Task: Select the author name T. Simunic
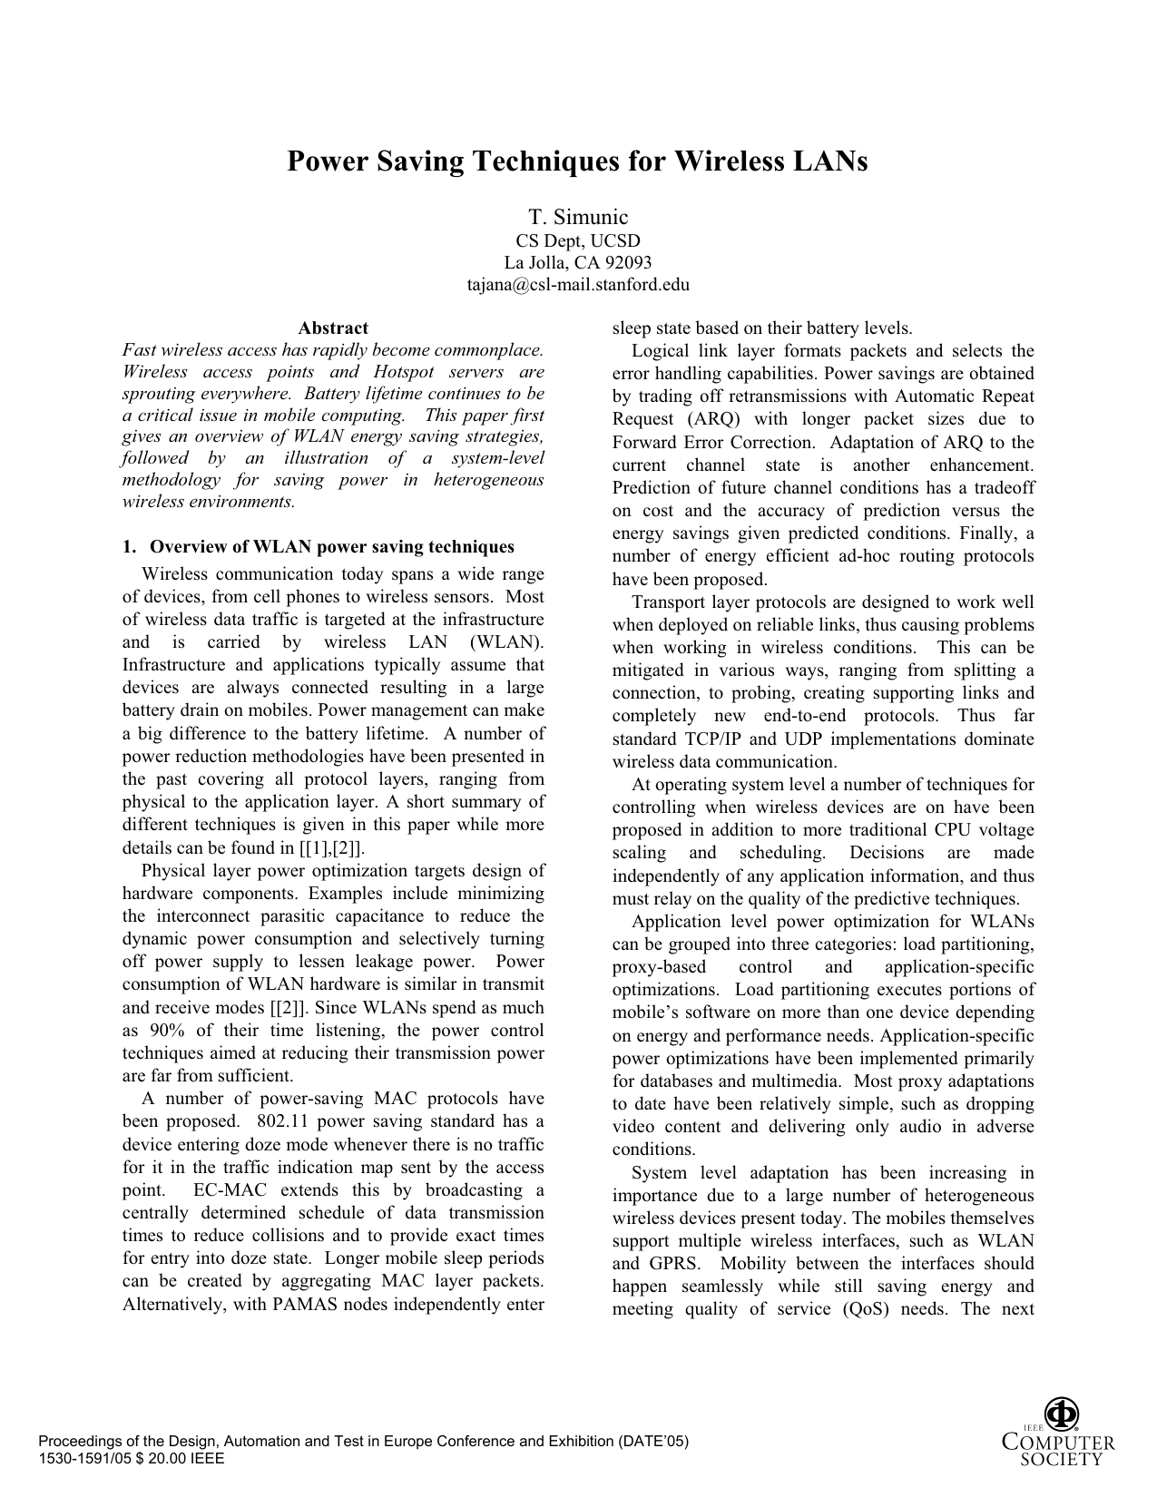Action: pyautogui.click(x=578, y=217)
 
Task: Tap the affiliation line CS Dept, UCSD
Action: pyautogui.click(x=578, y=240)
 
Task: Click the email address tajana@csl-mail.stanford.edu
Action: pyautogui.click(x=578, y=285)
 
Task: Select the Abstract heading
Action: pyautogui.click(x=333, y=328)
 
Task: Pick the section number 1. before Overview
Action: pyautogui.click(x=129, y=547)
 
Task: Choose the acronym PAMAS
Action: pyautogui.click(x=301, y=1305)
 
